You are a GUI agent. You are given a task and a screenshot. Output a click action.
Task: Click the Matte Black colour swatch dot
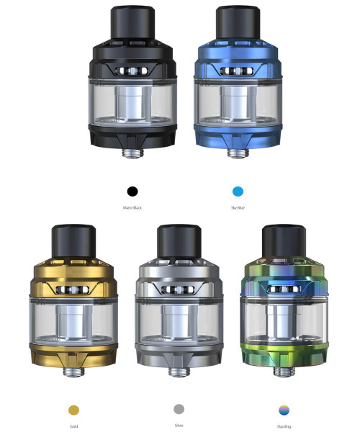pyautogui.click(x=132, y=192)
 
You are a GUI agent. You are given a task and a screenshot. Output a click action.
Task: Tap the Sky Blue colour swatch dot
pyautogui.click(x=238, y=192)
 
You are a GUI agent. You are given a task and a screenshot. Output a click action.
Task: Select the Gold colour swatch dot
pyautogui.click(x=73, y=410)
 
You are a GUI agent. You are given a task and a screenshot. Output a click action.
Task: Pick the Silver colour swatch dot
pyautogui.click(x=179, y=409)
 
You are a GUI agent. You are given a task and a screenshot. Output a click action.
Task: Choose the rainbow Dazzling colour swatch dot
pyautogui.click(x=284, y=410)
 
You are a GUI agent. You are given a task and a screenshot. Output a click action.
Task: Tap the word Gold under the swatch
pyautogui.click(x=73, y=426)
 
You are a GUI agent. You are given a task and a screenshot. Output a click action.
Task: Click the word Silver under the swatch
pyautogui.click(x=179, y=426)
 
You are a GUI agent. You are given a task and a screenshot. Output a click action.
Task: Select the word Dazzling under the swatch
pyautogui.click(x=284, y=426)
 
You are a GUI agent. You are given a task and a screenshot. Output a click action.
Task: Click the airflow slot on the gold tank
pyautogui.click(x=73, y=290)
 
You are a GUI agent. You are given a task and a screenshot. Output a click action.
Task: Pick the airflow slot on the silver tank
pyautogui.click(x=179, y=290)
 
